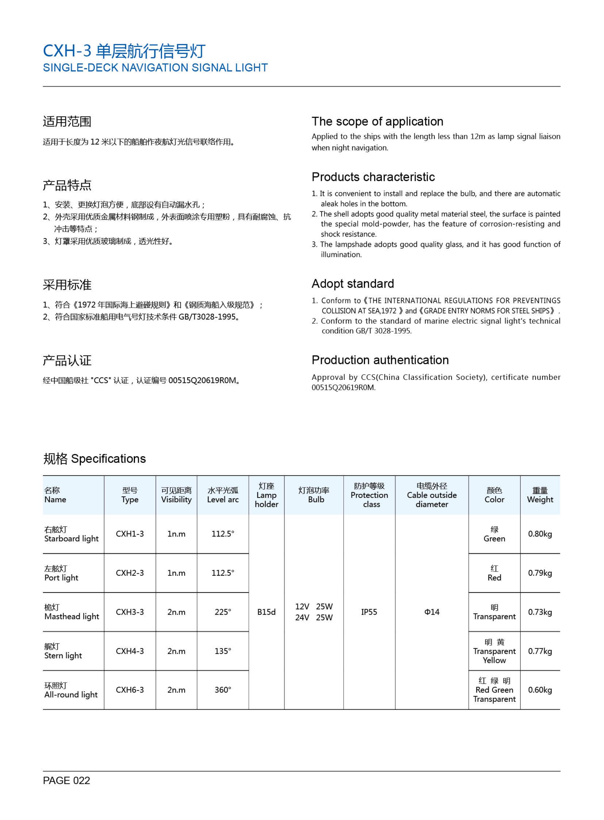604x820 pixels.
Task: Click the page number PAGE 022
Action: tap(66, 781)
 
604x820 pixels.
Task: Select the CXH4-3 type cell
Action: tap(130, 651)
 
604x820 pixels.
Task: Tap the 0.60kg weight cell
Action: tap(540, 690)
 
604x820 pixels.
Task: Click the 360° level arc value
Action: tap(223, 690)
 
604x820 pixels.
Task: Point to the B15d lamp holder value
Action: tap(266, 612)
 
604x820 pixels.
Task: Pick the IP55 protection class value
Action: tap(369, 612)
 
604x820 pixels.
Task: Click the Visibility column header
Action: tap(176, 495)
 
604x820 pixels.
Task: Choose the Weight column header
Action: tap(540, 495)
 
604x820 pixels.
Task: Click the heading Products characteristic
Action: tap(373, 177)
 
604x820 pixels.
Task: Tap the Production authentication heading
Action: tap(380, 360)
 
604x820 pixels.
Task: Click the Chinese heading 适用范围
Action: tap(67, 122)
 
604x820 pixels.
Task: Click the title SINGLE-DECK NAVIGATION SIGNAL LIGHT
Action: tap(155, 68)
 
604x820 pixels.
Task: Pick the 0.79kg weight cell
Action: tap(540, 573)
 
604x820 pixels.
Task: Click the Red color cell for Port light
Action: tap(494, 573)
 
